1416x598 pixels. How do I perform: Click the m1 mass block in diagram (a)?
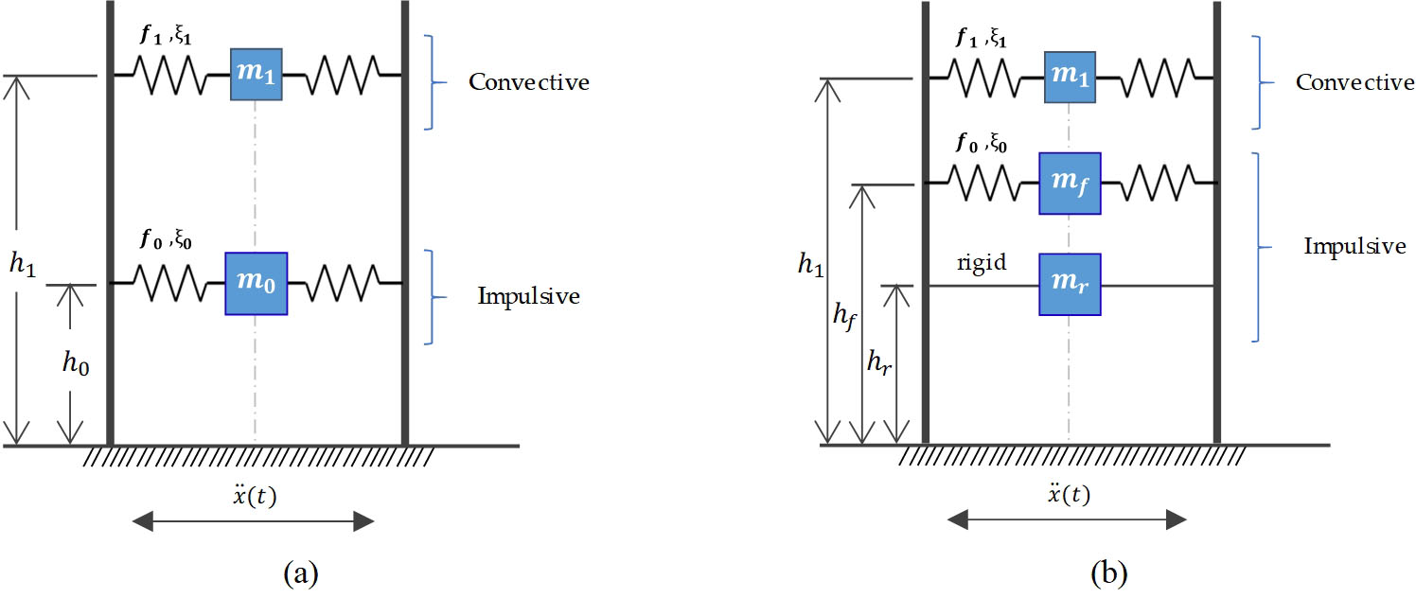[256, 75]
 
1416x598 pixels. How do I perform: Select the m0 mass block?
[256, 284]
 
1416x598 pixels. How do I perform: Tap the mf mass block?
[1070, 184]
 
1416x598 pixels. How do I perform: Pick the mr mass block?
[1070, 285]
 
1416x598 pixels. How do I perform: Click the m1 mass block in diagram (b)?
[1070, 78]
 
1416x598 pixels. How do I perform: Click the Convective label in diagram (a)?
[529, 82]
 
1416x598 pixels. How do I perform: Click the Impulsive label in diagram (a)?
[528, 296]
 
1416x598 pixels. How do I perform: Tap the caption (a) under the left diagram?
[301, 572]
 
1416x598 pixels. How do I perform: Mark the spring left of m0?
[169, 283]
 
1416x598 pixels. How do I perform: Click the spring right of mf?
[1159, 184]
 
